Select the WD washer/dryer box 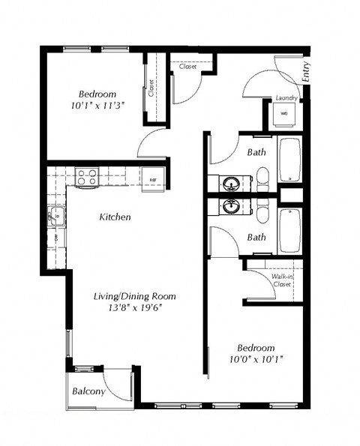point(284,114)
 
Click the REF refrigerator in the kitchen point(152,180)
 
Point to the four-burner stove point(88,177)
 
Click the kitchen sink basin point(55,217)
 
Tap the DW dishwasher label point(55,239)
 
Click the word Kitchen point(115,217)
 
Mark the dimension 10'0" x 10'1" point(256,360)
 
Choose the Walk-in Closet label point(281,280)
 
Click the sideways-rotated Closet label point(151,89)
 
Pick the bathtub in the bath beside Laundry point(289,160)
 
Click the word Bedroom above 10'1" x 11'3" point(97,94)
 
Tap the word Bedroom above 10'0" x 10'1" point(256,348)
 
